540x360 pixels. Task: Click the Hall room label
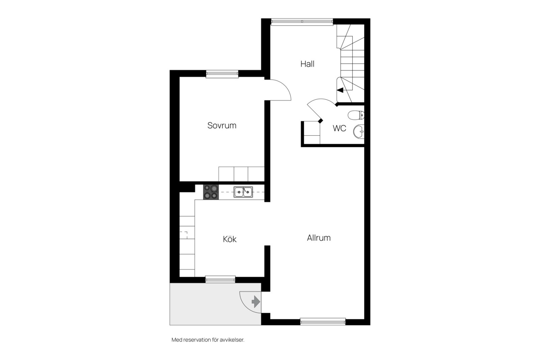click(x=307, y=64)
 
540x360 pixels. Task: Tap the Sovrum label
click(x=222, y=125)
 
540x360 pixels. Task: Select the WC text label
click(x=340, y=128)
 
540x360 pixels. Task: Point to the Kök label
click(x=230, y=239)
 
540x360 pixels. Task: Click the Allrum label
click(x=319, y=238)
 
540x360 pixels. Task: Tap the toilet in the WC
click(x=356, y=115)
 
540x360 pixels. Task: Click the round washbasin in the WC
click(x=359, y=132)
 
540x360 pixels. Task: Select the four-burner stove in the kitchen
click(x=211, y=192)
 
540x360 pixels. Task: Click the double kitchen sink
click(x=243, y=192)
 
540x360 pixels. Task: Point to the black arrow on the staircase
click(x=340, y=90)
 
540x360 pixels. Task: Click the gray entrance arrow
click(x=256, y=302)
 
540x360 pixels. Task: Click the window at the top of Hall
click(x=302, y=22)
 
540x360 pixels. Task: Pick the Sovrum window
click(x=222, y=74)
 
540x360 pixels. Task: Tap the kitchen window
click(x=220, y=279)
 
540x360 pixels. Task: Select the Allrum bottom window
click(x=323, y=322)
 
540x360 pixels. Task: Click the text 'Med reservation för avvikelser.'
click(x=208, y=340)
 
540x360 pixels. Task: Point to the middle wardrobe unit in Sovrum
click(x=241, y=174)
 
